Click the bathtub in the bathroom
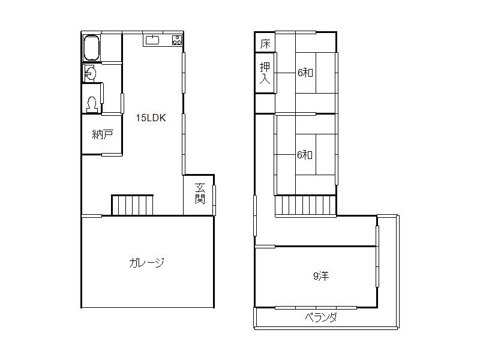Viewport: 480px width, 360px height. (91, 47)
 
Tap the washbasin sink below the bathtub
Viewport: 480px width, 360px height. (90, 74)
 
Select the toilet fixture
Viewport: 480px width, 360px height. (92, 104)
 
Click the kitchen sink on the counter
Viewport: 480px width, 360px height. (152, 40)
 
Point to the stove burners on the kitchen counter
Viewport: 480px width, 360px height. (177, 40)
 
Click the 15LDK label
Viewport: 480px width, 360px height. (151, 118)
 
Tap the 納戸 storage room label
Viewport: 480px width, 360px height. (103, 134)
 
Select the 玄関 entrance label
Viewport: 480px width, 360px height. (200, 194)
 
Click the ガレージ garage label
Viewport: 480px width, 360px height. (146, 262)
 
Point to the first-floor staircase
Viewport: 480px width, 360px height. (133, 205)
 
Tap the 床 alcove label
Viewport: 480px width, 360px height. (265, 44)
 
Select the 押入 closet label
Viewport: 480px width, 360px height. (265, 73)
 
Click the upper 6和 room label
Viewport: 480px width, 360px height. (305, 73)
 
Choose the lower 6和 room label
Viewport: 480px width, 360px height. (305, 154)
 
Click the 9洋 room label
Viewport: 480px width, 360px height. (320, 276)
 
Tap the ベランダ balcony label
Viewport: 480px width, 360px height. (320, 317)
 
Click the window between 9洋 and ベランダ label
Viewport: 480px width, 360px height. (316, 308)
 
